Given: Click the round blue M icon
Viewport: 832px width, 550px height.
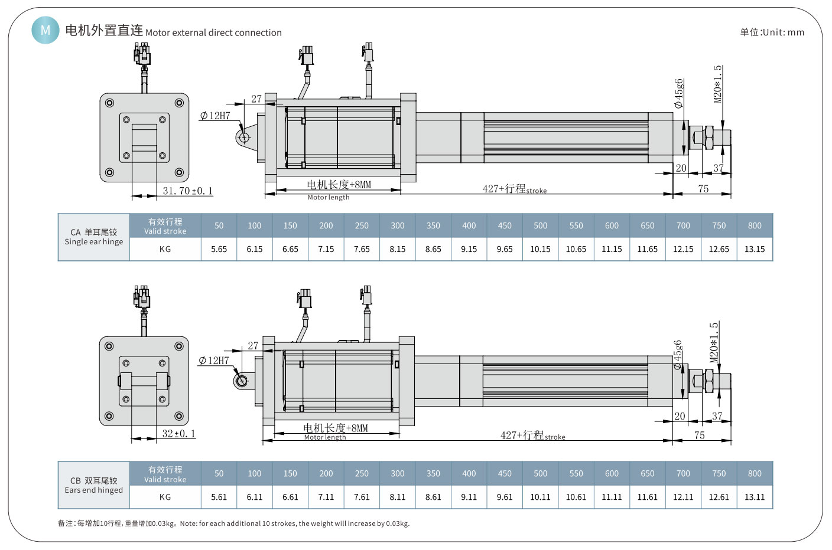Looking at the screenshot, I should click(45, 30).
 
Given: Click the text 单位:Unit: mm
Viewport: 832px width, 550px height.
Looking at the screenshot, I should click(772, 32).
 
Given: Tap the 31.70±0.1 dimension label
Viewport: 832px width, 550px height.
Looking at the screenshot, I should click(187, 191).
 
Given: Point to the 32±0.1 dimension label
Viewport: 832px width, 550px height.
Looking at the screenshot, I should click(178, 434).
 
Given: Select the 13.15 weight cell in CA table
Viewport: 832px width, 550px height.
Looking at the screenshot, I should click(755, 249).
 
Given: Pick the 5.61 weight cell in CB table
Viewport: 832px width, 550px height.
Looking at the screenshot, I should click(219, 497).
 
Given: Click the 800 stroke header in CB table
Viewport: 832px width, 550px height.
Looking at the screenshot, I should click(755, 473).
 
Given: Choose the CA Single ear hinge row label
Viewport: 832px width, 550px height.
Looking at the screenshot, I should click(94, 237).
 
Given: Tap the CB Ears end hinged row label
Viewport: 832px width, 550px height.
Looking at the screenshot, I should click(94, 485).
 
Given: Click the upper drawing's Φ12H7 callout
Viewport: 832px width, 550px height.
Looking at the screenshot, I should click(215, 116).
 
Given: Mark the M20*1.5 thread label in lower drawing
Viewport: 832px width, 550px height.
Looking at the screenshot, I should click(714, 342).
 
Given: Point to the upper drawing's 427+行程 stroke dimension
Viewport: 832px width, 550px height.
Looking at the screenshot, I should click(514, 189).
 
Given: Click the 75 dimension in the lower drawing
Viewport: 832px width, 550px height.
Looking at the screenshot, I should click(700, 436).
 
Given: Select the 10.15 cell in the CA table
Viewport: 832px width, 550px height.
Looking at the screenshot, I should click(540, 249).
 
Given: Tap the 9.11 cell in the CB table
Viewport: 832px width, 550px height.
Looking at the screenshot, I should click(469, 497).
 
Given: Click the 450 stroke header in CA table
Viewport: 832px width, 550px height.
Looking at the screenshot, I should click(505, 225).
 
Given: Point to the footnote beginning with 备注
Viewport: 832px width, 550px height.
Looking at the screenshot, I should click(233, 523).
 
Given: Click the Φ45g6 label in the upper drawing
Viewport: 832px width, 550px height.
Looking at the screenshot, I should click(679, 93).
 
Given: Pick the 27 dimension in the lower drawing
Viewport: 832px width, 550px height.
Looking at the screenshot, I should click(253, 346).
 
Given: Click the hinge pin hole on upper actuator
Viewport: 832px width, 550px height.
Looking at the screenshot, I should click(243, 137).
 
